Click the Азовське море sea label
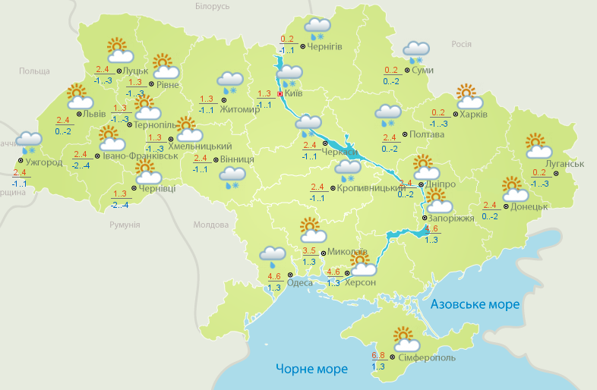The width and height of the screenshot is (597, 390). click(x=475, y=304)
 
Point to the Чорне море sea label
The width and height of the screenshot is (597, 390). click(x=311, y=369)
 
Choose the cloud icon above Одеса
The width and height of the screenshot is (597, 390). click(x=273, y=257)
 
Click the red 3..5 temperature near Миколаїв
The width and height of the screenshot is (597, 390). click(x=310, y=251)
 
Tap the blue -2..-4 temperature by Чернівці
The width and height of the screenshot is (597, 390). click(x=119, y=205)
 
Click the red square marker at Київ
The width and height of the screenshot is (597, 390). click(x=280, y=94)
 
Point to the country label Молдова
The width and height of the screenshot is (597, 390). click(x=210, y=225)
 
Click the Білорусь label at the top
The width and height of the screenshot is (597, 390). click(x=212, y=6)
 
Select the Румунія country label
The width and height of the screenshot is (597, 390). click(x=125, y=225)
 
